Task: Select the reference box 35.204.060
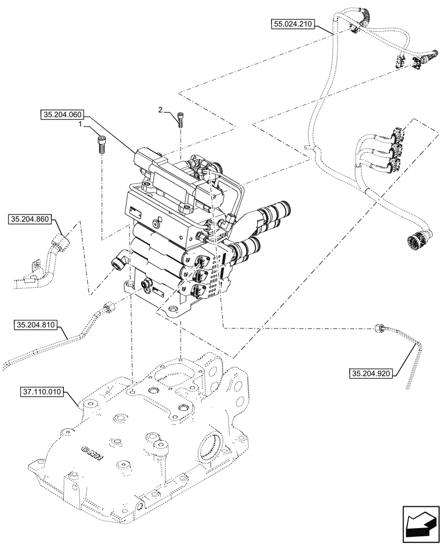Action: [62, 115]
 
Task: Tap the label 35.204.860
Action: [30, 220]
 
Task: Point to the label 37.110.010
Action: [43, 391]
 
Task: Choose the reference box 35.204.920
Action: [372, 373]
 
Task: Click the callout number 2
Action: [160, 110]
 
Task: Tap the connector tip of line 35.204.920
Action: [380, 328]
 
